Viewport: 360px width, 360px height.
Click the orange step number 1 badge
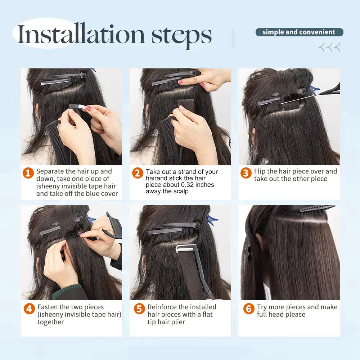coord(28,173)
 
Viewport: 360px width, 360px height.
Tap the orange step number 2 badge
coord(138,173)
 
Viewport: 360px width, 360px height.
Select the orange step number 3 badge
coord(246,173)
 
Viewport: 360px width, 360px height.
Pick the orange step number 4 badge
coord(29,309)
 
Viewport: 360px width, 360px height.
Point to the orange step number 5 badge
coord(139,309)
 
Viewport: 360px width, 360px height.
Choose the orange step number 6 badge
coord(249,309)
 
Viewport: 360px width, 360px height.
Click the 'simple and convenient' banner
coord(299,32)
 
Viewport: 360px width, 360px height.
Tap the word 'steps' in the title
coord(181,36)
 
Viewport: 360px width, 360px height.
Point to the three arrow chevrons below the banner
coord(329,47)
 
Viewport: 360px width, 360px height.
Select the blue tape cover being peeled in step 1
coord(78,107)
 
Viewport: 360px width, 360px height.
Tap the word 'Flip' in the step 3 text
coord(260,171)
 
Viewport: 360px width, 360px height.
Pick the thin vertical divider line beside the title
coord(232,39)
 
